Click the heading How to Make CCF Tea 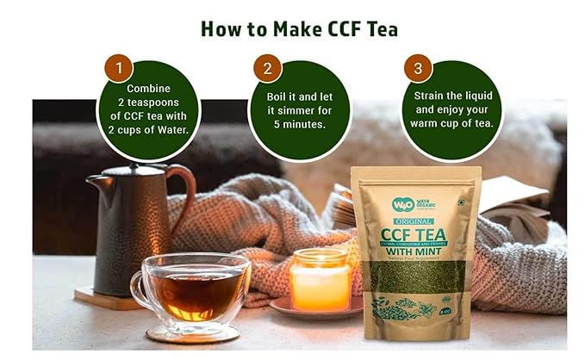tap(299, 28)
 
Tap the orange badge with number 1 tap(118, 67)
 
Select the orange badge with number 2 tap(267, 67)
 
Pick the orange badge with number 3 tap(419, 67)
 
